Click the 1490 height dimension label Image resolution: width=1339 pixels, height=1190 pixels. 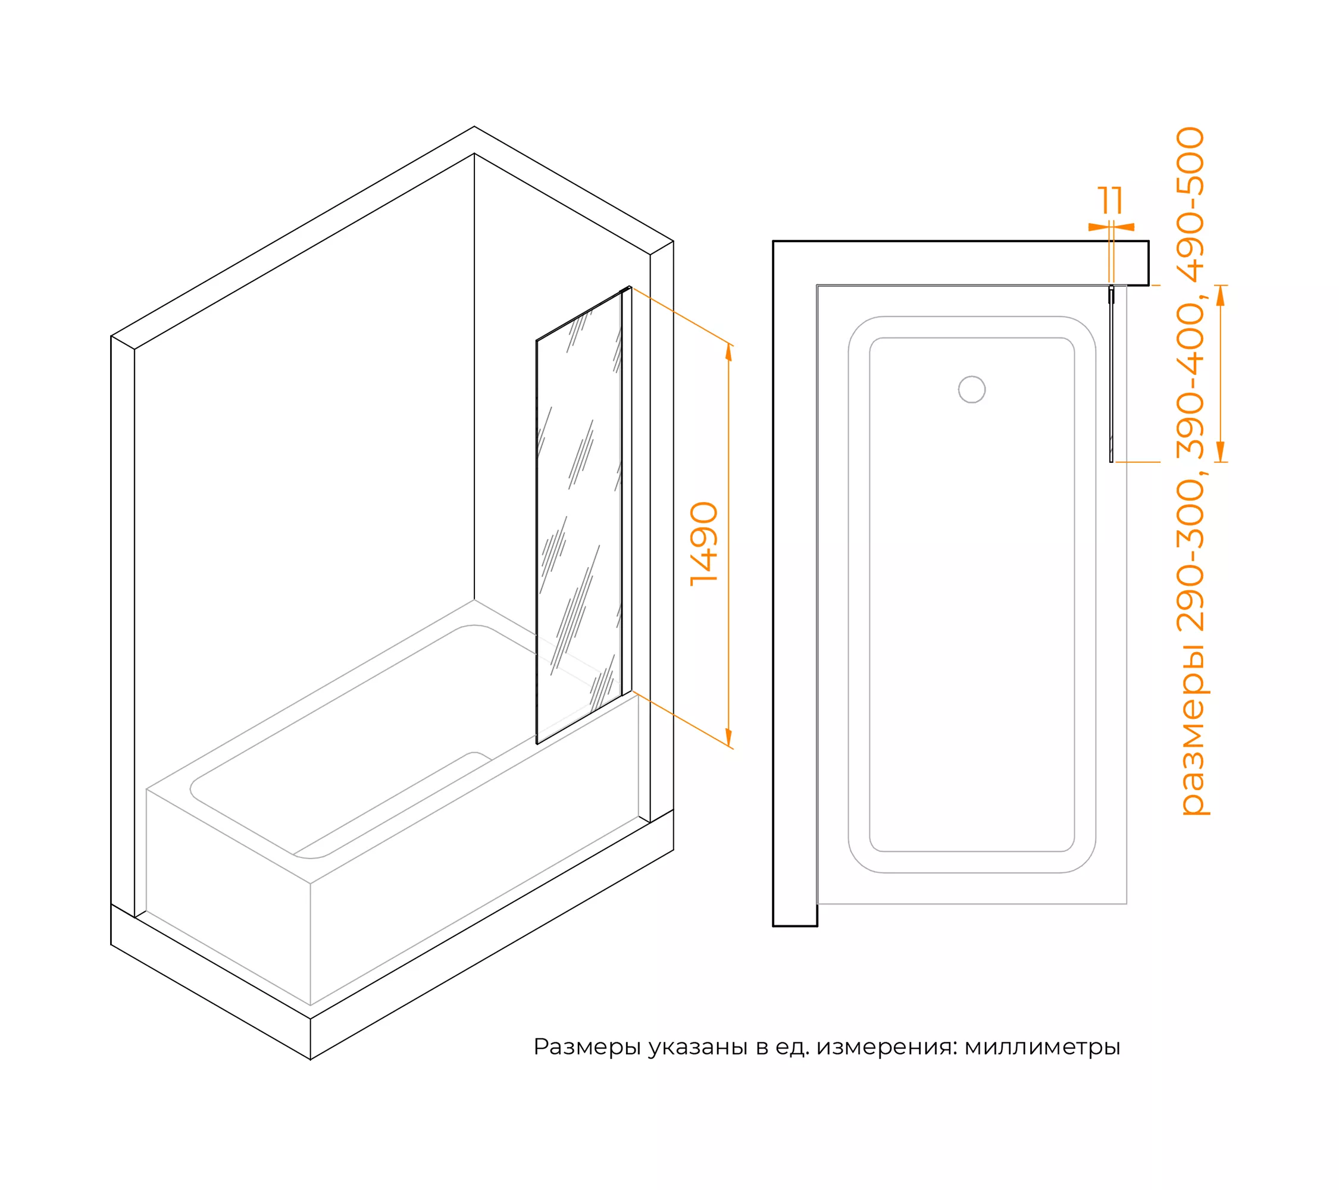pyautogui.click(x=705, y=544)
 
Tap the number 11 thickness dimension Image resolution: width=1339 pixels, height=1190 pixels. pyautogui.click(x=1110, y=201)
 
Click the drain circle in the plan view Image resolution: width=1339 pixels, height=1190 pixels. pyautogui.click(x=971, y=390)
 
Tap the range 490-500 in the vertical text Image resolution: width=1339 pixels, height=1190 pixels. pyautogui.click(x=1190, y=203)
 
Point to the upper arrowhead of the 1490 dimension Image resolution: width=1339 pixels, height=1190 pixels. pyautogui.click(x=728, y=352)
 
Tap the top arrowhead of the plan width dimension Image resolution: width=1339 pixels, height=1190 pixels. pyautogui.click(x=1220, y=296)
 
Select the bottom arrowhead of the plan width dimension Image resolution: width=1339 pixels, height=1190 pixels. pyautogui.click(x=1220, y=451)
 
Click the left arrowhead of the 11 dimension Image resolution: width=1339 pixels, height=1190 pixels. pyautogui.click(x=1099, y=227)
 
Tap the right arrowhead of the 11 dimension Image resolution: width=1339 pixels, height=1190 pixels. pyautogui.click(x=1124, y=227)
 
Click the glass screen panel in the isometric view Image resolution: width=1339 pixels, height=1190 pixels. pyautogui.click(x=579, y=515)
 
